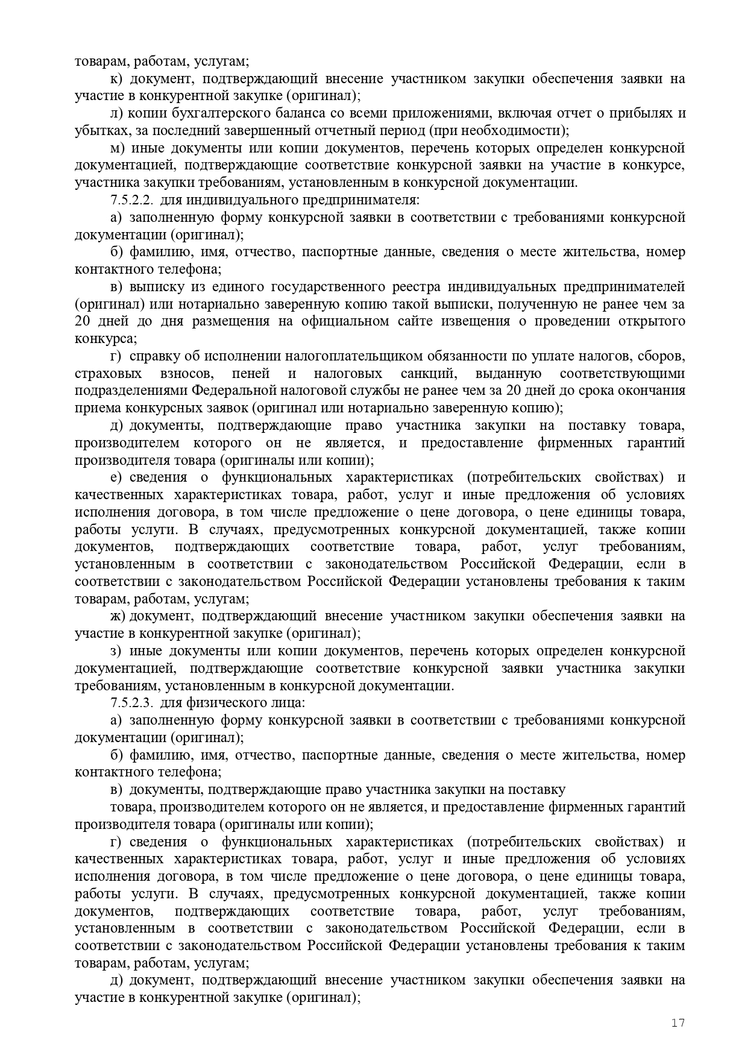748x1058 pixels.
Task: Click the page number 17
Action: [678, 1023]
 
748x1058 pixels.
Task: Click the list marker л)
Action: [117, 113]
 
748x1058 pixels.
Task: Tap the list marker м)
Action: [118, 148]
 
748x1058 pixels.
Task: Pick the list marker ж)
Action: [118, 616]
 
